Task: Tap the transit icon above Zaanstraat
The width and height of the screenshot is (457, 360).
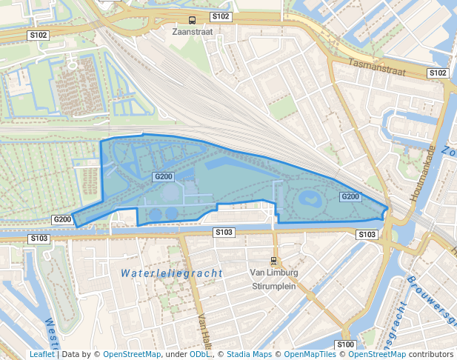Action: (x=192, y=20)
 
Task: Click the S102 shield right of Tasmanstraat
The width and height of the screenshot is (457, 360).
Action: (x=438, y=73)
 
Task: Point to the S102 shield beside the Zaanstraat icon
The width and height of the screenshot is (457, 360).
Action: (x=221, y=16)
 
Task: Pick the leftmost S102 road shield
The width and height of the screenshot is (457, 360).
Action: (x=39, y=35)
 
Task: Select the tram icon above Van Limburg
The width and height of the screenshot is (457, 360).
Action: (x=274, y=261)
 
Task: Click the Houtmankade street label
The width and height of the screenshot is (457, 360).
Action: (x=421, y=176)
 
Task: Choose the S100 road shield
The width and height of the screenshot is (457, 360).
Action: (x=345, y=344)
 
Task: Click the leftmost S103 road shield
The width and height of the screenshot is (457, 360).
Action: (x=39, y=239)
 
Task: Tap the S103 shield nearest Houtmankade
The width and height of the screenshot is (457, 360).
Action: (x=367, y=234)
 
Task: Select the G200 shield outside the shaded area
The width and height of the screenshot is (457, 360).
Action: (x=62, y=219)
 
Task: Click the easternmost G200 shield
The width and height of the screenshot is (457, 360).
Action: (x=350, y=196)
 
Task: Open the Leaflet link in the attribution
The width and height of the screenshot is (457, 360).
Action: (x=41, y=354)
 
